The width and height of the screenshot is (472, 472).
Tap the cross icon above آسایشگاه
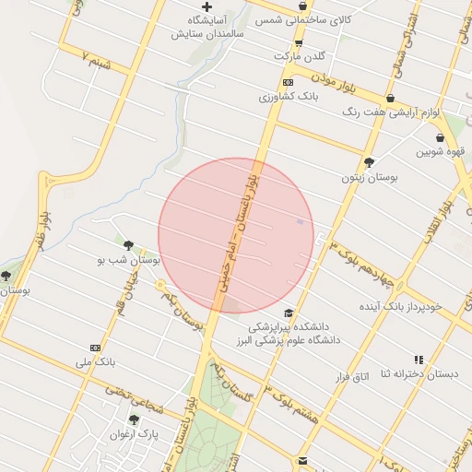(x=206, y=6)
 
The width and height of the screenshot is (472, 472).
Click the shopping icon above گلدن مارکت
(x=298, y=42)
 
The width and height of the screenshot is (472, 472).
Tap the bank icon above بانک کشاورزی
(x=288, y=82)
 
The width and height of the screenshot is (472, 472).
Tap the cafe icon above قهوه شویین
(x=440, y=138)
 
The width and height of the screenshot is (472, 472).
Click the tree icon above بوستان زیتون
(x=370, y=162)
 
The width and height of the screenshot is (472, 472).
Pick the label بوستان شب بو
(x=129, y=261)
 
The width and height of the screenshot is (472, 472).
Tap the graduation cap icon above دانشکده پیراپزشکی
(x=289, y=313)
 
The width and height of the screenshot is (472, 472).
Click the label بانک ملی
(x=95, y=361)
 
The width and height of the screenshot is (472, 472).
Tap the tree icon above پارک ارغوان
(x=134, y=419)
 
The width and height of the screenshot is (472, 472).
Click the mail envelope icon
(x=301, y=460)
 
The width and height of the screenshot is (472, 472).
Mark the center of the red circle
(x=236, y=235)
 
